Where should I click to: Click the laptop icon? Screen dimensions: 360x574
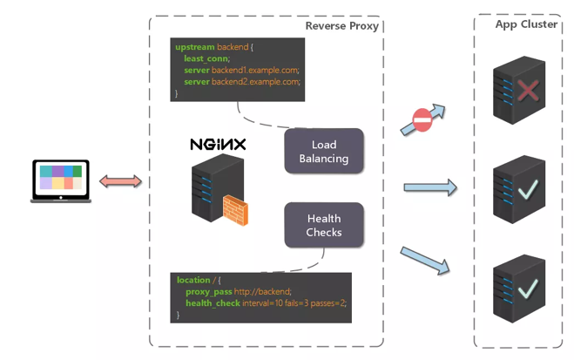61,180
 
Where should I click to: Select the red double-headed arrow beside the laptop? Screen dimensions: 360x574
120,181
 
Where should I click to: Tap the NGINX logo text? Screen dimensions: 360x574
218,144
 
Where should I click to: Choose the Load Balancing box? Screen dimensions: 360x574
323,152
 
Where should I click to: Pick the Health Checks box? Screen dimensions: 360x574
323,226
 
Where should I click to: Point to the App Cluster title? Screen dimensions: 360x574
526,24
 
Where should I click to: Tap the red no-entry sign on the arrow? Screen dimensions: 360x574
422,120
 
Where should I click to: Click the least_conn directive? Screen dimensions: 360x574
206,58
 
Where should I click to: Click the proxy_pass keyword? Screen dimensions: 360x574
208,291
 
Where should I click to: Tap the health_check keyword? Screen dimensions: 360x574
213,302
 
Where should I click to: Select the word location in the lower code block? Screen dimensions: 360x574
193,280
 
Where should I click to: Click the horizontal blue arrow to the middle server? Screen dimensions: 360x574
429,187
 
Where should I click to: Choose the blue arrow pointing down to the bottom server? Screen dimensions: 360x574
426,260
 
